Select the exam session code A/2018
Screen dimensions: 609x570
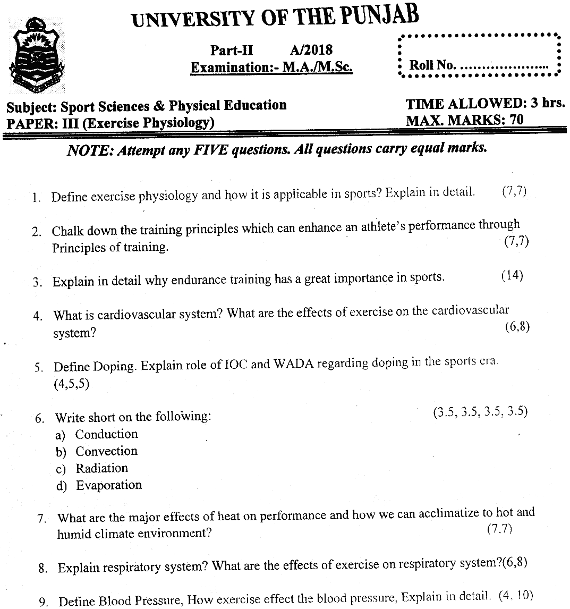click(x=311, y=50)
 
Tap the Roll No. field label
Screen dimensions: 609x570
click(x=432, y=65)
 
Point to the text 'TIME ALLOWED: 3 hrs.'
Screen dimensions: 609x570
click(x=484, y=104)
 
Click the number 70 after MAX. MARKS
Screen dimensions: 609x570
click(x=516, y=120)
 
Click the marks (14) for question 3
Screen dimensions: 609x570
click(x=512, y=276)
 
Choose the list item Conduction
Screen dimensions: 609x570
click(x=106, y=434)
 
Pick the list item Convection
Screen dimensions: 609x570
click(x=106, y=451)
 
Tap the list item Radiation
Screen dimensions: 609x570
click(x=101, y=468)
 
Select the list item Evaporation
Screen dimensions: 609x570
click(x=109, y=485)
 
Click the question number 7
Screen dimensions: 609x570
click(x=41, y=519)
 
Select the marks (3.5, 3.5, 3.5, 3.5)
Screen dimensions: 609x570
click(x=480, y=412)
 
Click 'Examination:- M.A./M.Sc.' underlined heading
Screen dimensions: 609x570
click(x=272, y=67)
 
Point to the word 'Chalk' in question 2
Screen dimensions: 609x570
click(x=68, y=231)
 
